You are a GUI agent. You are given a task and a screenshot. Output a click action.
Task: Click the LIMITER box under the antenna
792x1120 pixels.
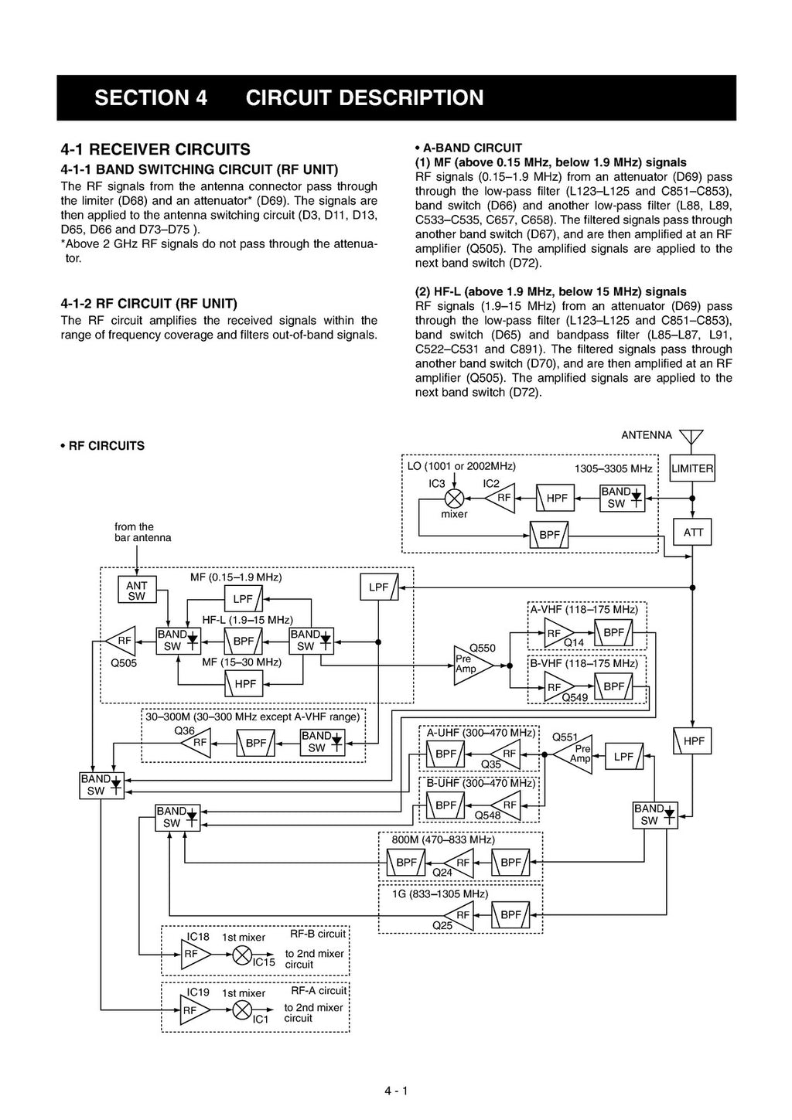coord(691,468)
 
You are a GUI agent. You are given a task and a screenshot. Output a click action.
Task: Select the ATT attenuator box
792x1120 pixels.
coord(693,532)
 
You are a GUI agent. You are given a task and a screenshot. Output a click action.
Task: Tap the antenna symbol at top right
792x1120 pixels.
coord(691,438)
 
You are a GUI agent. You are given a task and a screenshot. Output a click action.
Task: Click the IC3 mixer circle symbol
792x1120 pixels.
coord(454,499)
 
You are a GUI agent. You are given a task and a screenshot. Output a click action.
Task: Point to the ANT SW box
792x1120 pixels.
coord(136,591)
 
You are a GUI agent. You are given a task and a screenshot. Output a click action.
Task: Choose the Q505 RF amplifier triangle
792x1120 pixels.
coord(121,640)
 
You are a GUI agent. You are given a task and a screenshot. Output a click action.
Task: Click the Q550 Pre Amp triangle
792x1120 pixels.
coord(472,664)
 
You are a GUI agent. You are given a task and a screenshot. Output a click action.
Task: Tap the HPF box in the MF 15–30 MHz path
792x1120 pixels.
coord(244,684)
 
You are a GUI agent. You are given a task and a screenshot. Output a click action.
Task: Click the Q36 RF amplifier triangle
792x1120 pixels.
coord(196,743)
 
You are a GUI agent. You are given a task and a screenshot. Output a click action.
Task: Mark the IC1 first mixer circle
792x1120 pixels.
coord(242,1009)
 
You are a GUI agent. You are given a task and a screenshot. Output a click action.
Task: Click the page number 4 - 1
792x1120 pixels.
coord(396,1091)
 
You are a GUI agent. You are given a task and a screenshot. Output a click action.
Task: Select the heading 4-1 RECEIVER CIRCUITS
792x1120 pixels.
coord(155,149)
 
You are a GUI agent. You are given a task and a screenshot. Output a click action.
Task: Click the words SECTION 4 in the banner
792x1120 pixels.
coord(151,98)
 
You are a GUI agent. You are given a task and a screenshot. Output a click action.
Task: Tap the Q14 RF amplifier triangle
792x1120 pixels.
coord(558,634)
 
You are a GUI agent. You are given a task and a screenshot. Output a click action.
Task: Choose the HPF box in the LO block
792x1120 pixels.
coord(557,499)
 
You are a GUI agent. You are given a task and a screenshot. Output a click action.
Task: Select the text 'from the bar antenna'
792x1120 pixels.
coord(143,533)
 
